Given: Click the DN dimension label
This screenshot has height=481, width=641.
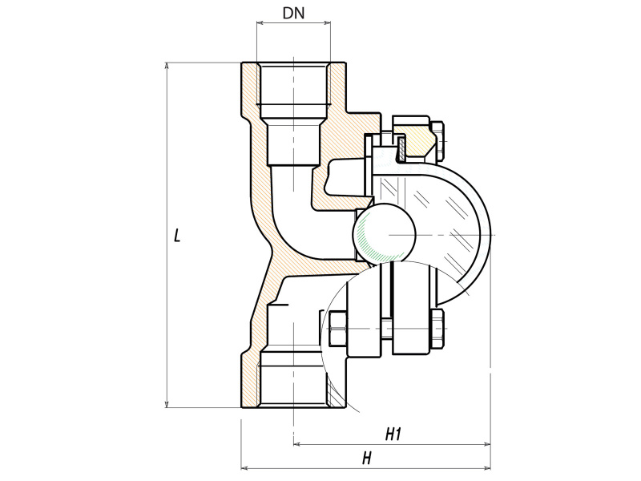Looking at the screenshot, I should [x=294, y=14].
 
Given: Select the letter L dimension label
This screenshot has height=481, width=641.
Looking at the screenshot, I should [x=178, y=236].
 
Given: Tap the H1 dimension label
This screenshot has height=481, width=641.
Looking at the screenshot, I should [x=393, y=435].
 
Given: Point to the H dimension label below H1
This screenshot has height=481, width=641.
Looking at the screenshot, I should [x=366, y=459].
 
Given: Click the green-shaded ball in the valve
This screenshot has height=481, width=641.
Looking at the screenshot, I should [x=383, y=232].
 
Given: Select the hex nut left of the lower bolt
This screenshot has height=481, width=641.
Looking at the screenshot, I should [x=336, y=330].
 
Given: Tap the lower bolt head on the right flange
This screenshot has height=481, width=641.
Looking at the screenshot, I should [x=439, y=329].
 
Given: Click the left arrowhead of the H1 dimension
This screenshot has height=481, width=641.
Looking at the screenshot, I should [x=298, y=443].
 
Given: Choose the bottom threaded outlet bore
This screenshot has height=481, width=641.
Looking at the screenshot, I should [x=293, y=385].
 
